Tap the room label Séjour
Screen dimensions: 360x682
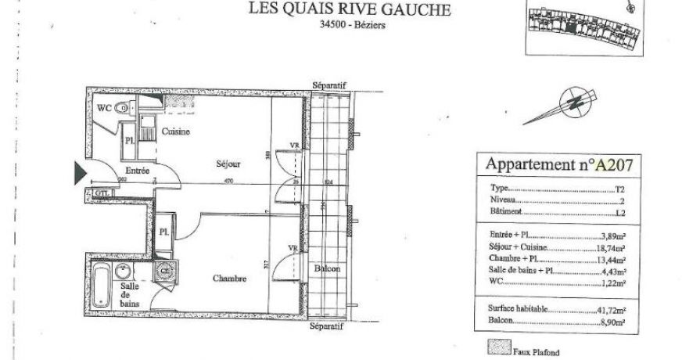(228, 164)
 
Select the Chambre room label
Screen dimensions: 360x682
(229, 278)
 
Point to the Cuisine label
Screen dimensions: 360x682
(176, 131)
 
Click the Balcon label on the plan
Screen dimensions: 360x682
(327, 268)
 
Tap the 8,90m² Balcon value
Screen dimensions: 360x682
(612, 322)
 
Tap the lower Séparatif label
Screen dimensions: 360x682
(328, 326)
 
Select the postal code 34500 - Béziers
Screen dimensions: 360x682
(353, 24)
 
